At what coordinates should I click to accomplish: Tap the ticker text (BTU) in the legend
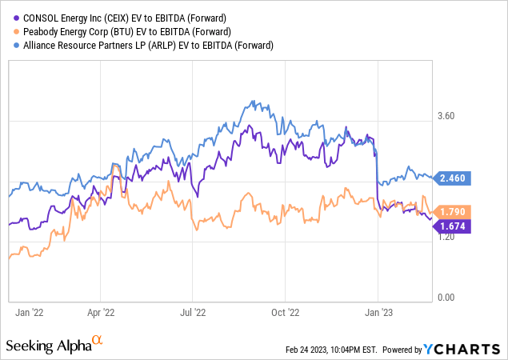click(116, 31)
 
